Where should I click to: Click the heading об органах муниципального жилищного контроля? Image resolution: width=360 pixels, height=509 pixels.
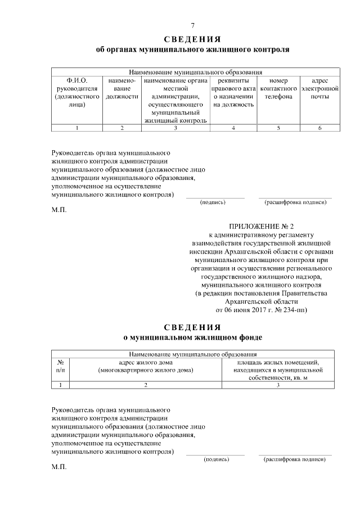(x=192, y=49)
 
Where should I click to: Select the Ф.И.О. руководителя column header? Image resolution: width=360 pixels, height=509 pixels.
(x=76, y=92)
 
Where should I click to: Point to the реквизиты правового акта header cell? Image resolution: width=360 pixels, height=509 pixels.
(x=233, y=92)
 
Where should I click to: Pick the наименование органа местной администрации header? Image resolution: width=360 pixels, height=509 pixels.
(x=175, y=100)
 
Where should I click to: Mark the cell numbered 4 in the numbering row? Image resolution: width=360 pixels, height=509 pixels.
(x=233, y=128)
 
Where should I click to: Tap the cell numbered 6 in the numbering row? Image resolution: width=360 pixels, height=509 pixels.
(x=319, y=128)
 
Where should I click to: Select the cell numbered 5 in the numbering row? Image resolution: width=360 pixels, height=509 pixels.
(x=278, y=128)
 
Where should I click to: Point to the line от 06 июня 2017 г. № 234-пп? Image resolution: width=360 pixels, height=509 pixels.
(x=262, y=309)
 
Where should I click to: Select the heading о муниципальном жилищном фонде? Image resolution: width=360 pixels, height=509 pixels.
(x=192, y=337)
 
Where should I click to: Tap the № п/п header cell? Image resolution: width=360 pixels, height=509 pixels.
(x=60, y=366)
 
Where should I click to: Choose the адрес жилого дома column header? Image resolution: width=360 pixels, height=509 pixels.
(x=145, y=366)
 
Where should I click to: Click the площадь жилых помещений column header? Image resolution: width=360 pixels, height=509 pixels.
(x=278, y=370)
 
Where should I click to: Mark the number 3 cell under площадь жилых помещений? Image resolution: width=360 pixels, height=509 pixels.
(x=278, y=385)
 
